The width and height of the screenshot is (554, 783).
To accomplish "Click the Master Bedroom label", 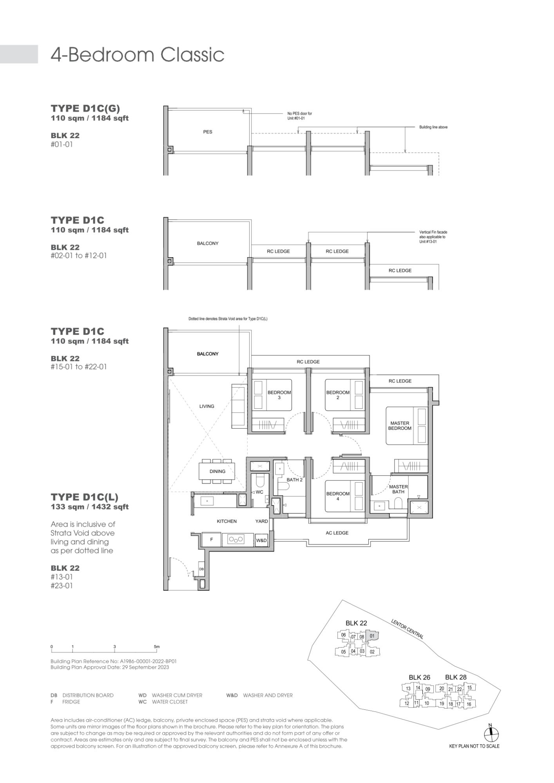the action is (x=400, y=426).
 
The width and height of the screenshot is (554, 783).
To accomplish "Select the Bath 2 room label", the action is (x=295, y=480).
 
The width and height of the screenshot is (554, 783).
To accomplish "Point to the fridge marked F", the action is (x=212, y=539).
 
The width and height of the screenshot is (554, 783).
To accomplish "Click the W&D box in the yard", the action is (x=261, y=540).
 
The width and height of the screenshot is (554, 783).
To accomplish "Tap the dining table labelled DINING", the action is (x=217, y=471).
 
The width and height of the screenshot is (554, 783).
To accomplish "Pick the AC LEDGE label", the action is (x=337, y=533).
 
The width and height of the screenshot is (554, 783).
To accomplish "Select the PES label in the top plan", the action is (x=208, y=132).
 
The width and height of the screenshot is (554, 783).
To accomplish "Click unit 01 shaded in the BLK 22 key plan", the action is (x=372, y=636).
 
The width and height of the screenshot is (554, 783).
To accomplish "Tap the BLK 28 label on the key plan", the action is (x=456, y=677).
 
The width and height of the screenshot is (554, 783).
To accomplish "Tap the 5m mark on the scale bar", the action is (x=157, y=647).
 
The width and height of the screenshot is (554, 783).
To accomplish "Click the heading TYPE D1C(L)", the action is (x=84, y=497).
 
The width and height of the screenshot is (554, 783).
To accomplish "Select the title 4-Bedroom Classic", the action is (x=138, y=55).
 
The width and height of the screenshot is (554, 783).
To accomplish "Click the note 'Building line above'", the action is (x=433, y=127).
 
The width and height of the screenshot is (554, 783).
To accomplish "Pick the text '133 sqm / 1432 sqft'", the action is (x=90, y=507).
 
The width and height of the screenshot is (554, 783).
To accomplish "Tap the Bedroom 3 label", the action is (x=279, y=395).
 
